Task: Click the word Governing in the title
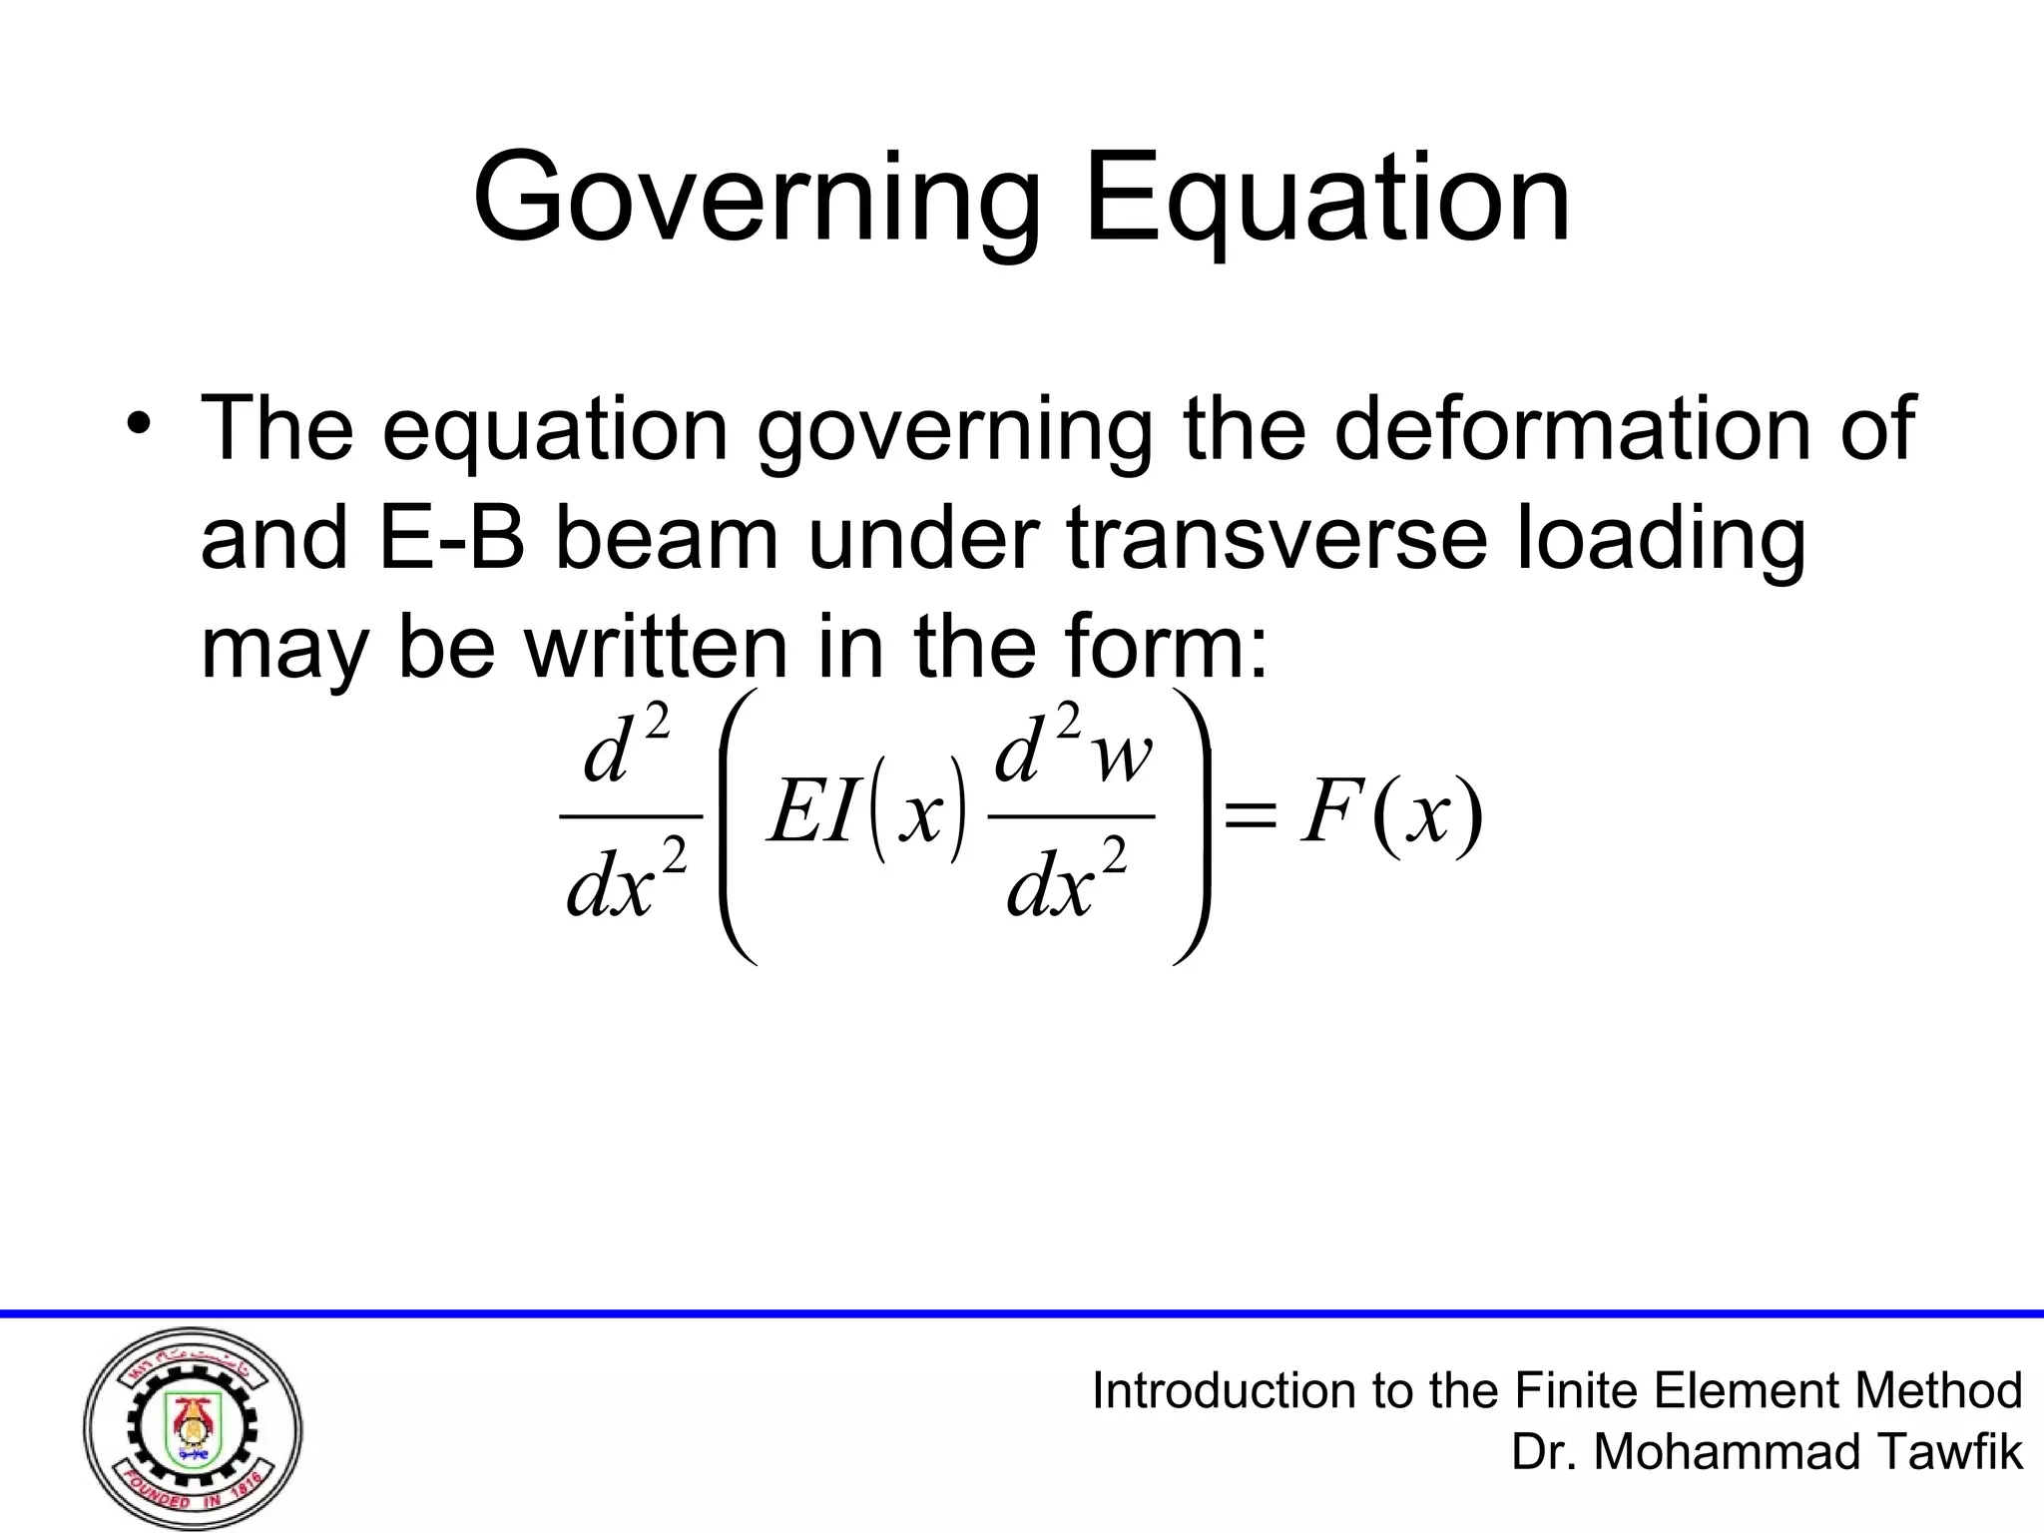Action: coord(757,200)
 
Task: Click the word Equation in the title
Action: coord(1327,200)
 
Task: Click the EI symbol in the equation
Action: coord(812,814)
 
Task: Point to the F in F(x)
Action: coord(1327,814)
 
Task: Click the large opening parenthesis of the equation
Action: coord(737,826)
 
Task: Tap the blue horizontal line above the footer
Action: coord(1022,1313)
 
